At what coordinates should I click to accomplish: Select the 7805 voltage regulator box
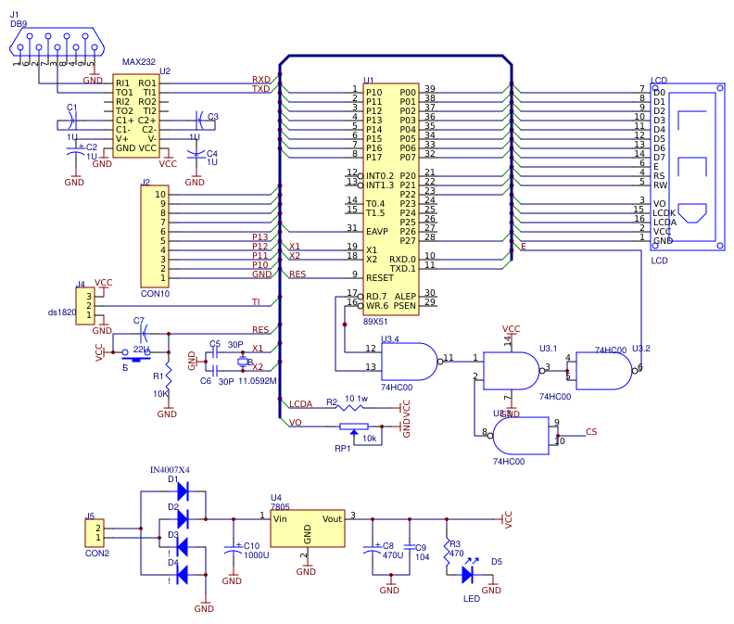tap(307, 530)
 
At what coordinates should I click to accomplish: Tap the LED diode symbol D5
tap(466, 574)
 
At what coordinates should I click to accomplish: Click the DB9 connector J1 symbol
tap(56, 44)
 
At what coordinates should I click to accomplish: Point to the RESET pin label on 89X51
tap(380, 276)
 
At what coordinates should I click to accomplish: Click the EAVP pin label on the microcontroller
tap(376, 229)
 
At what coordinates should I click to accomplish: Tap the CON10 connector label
tap(154, 293)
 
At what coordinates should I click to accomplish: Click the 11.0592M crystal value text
tap(258, 380)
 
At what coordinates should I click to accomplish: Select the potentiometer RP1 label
tap(343, 449)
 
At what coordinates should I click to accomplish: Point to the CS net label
tap(591, 432)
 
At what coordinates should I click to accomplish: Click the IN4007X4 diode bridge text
tap(170, 469)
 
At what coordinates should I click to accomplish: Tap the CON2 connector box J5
tap(95, 533)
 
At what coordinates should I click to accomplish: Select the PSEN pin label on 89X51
tap(404, 304)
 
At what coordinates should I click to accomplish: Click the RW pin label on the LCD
tap(659, 184)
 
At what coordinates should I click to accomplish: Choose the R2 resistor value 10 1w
tap(355, 398)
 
